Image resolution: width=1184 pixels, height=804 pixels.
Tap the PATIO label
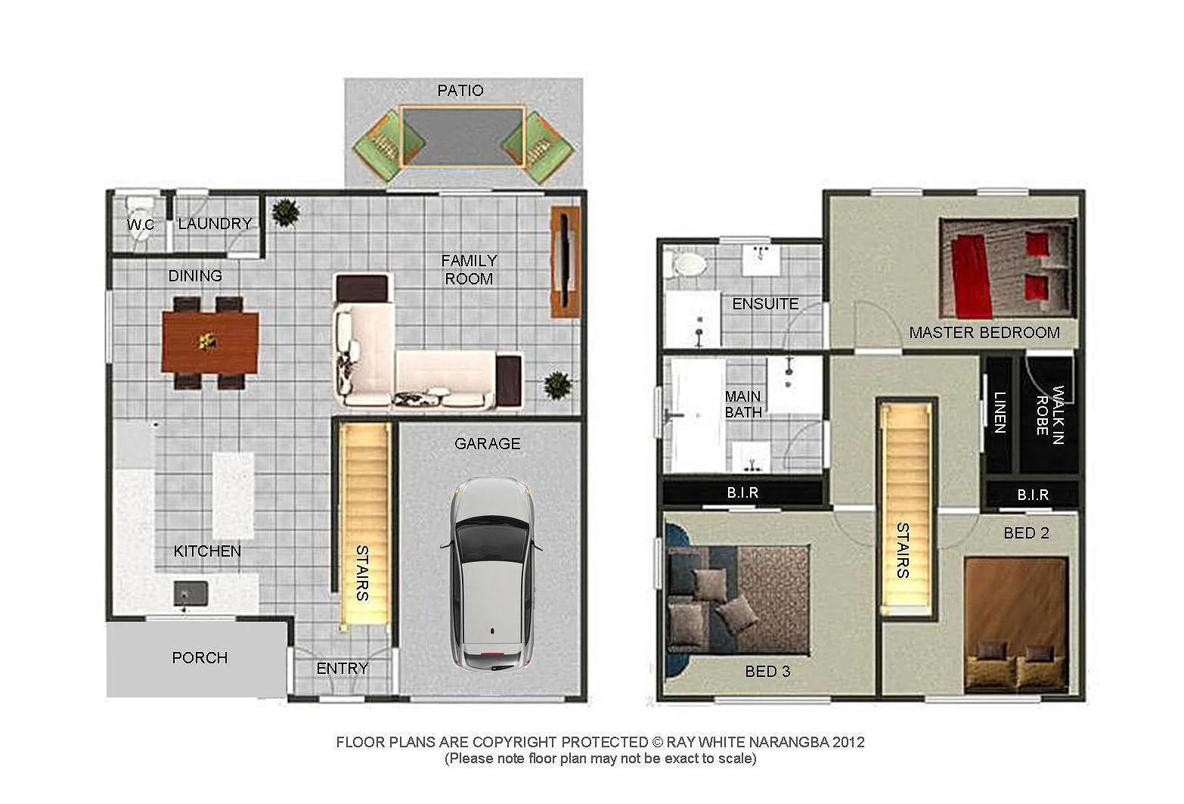click(x=460, y=91)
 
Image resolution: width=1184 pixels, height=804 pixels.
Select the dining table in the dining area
click(x=211, y=343)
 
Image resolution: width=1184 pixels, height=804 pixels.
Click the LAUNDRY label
click(x=215, y=224)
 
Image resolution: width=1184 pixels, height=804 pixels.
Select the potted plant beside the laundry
click(x=285, y=213)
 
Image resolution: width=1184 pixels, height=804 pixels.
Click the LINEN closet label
click(x=1000, y=412)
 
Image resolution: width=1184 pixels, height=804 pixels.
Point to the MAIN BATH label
click(x=743, y=404)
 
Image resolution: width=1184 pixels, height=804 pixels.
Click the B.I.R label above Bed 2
click(x=1032, y=495)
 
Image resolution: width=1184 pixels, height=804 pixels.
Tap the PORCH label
click(x=200, y=658)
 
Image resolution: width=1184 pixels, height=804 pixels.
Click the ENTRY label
click(x=342, y=669)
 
